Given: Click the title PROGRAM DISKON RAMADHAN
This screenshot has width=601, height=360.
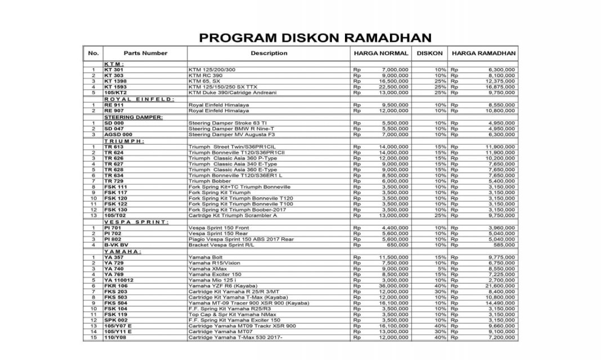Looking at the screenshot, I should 315,38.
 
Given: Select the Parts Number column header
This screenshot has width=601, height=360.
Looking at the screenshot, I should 145,53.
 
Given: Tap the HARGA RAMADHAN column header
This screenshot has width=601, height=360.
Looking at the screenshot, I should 483,53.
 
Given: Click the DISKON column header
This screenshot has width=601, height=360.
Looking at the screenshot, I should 430,53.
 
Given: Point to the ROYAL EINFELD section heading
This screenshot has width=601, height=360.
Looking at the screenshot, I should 138,99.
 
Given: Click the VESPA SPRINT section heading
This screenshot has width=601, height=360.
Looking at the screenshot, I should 136,222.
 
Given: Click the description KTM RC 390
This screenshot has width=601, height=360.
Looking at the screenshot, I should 205,75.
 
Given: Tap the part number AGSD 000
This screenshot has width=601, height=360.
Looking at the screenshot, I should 118,135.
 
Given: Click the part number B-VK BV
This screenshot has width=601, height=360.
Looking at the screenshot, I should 116,245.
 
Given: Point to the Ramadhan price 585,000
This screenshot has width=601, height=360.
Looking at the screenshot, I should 504,245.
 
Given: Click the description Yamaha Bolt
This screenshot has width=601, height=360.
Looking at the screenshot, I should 206,257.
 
